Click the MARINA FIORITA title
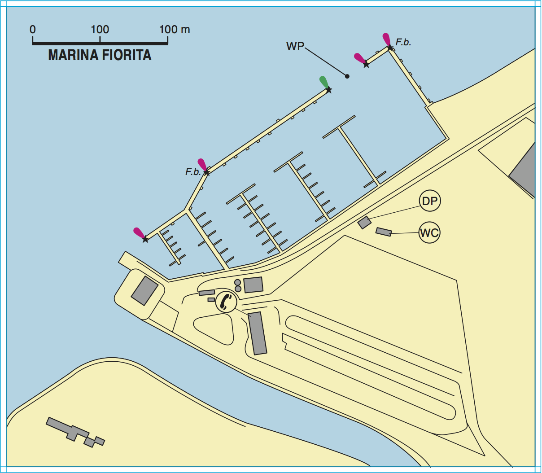(100, 55)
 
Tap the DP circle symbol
(429, 201)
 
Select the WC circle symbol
(429, 233)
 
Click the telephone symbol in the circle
(226, 302)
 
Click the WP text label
(295, 47)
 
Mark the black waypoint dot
(347, 76)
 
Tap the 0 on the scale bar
(33, 30)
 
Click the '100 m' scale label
(175, 30)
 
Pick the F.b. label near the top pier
(403, 43)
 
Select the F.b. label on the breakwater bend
(193, 172)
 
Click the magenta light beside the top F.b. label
(386, 39)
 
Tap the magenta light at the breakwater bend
(202, 164)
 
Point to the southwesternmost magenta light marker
(139, 233)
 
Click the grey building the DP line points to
(364, 223)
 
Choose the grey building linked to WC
(384, 232)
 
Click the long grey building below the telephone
(257, 333)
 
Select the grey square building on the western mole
(144, 291)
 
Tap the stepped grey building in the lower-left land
(74, 431)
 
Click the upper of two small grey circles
(238, 282)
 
